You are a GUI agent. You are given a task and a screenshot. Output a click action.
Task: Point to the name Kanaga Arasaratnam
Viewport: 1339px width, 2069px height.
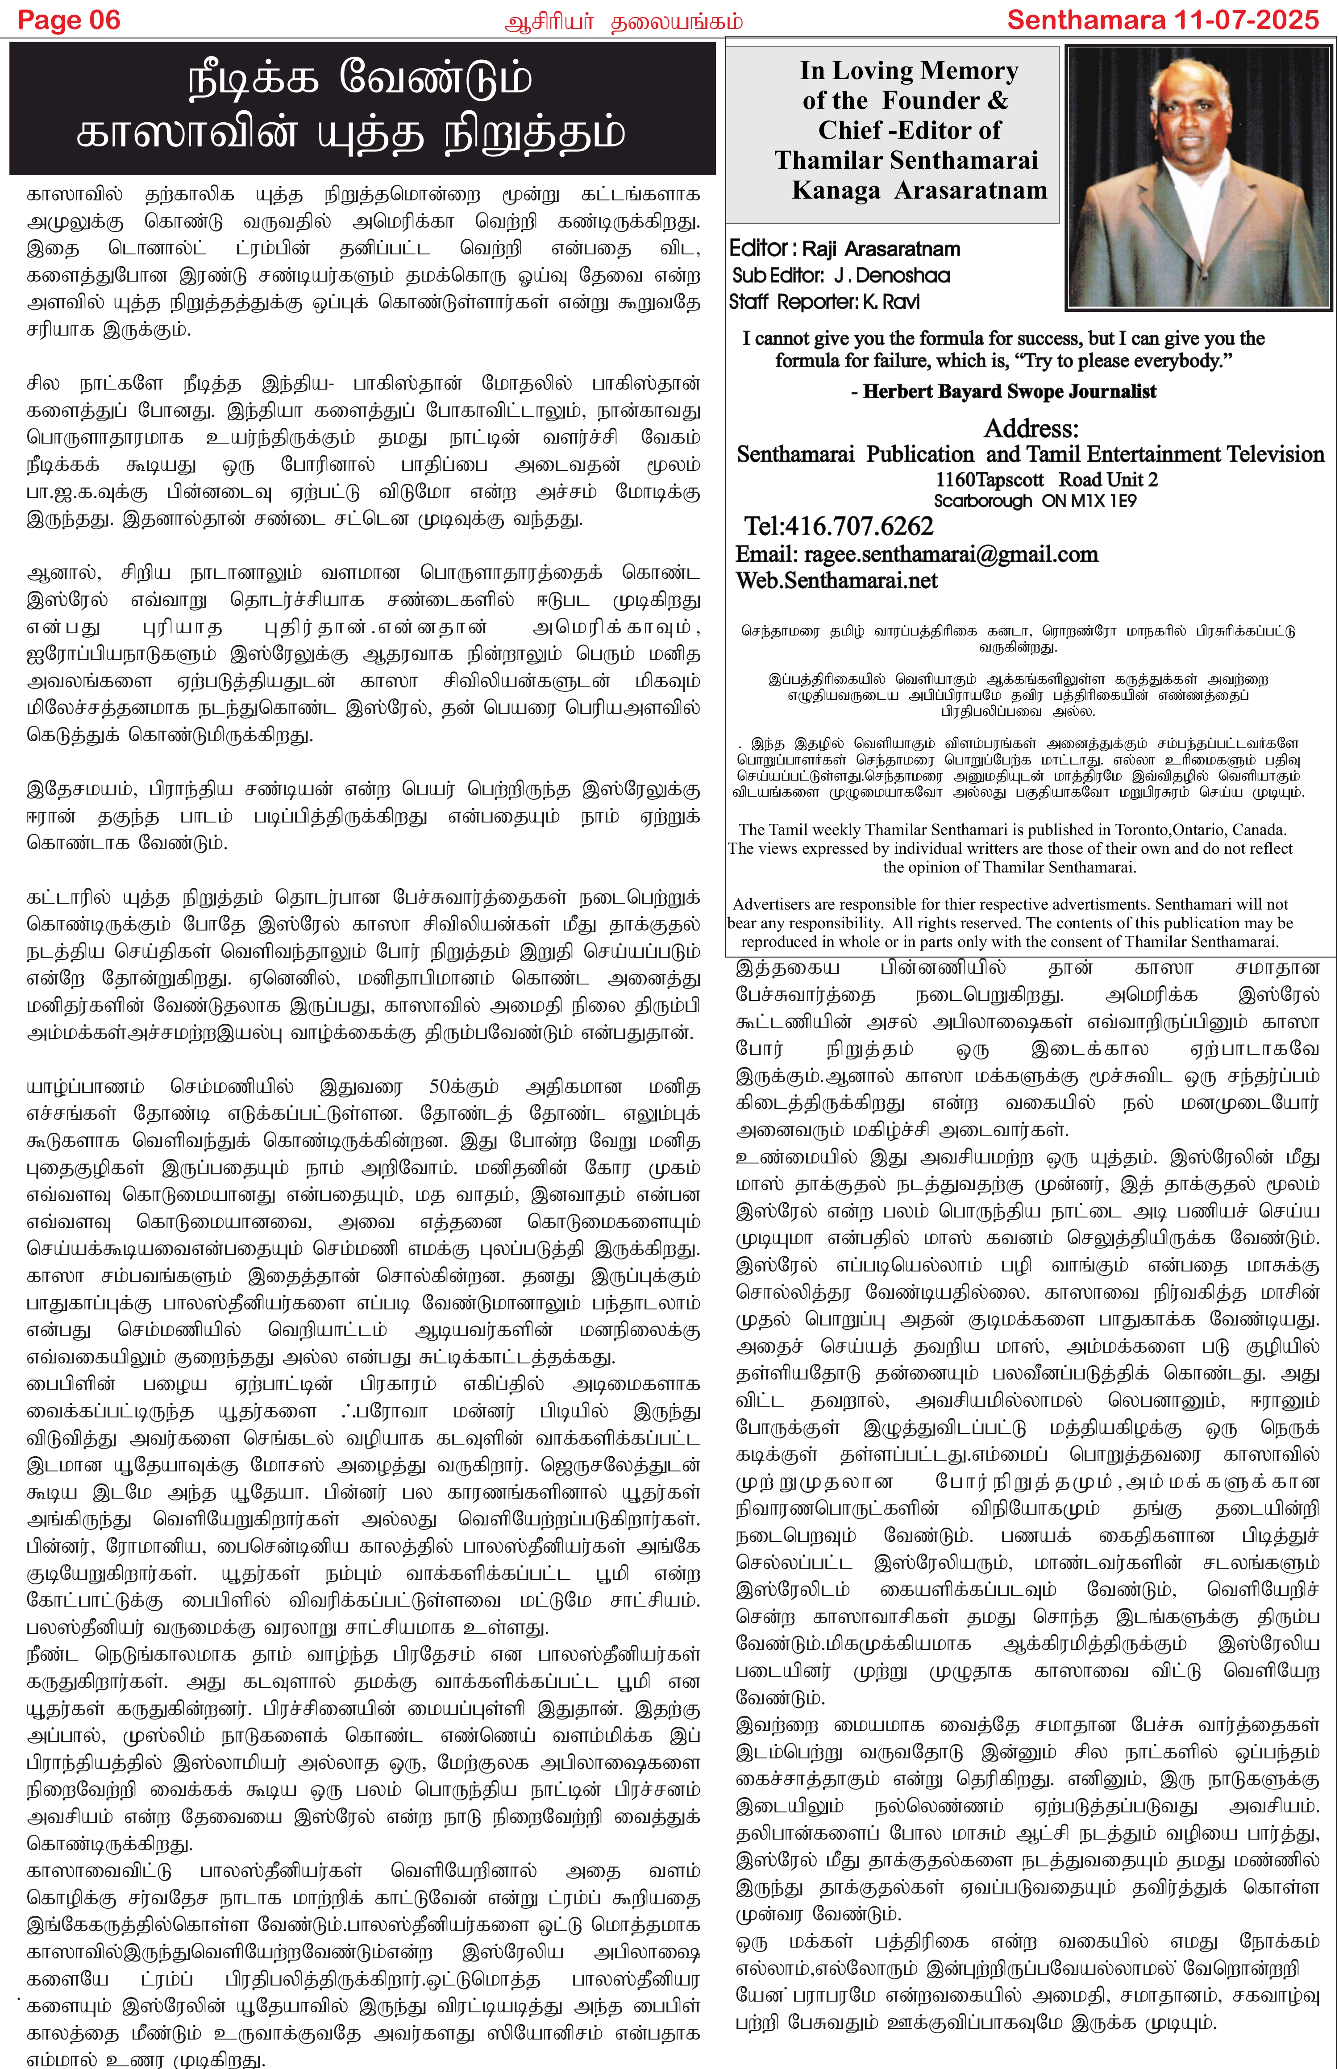[919, 191]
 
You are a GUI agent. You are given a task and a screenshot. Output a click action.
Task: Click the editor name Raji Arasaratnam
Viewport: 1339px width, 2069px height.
[880, 249]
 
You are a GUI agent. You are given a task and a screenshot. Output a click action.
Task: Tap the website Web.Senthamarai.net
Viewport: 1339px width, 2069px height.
[836, 581]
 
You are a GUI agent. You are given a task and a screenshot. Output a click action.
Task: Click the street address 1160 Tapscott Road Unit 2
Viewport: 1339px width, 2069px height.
[1046, 480]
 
